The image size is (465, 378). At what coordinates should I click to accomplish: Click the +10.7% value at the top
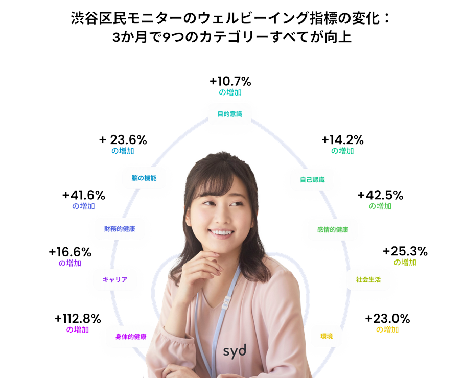(230, 82)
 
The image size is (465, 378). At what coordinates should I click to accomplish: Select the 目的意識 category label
(230, 114)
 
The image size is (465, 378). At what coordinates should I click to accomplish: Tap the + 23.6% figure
(123, 140)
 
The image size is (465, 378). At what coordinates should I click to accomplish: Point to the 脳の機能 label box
(144, 178)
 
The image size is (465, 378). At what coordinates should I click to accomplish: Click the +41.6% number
(83, 196)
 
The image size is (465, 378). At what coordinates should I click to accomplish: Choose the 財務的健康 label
(120, 229)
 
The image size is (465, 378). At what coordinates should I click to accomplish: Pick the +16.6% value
(70, 252)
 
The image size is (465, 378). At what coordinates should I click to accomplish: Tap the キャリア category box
(115, 279)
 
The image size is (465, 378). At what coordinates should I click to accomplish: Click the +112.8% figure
(78, 319)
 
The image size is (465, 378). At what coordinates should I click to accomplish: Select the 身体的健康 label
(131, 337)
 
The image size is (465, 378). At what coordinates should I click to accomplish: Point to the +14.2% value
(342, 140)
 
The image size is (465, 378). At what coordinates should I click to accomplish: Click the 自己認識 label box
(312, 180)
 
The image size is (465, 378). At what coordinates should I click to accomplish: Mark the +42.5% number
(380, 196)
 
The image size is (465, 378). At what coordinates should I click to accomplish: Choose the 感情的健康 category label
(333, 230)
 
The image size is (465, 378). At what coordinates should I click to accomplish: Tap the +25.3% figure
(405, 251)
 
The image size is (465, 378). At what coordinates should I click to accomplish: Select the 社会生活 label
(368, 279)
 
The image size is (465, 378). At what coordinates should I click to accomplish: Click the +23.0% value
(387, 319)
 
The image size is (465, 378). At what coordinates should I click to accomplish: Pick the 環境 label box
(327, 336)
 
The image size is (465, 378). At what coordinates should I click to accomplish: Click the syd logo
(235, 350)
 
